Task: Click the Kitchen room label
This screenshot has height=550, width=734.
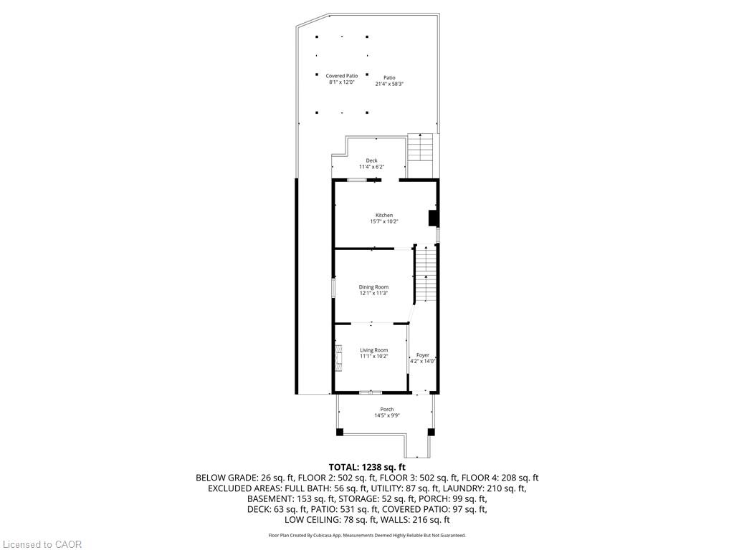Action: [x=384, y=215]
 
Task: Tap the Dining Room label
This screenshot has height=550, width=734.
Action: [x=373, y=287]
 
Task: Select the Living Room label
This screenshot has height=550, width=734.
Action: [x=374, y=350]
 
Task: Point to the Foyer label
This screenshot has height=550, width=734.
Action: [x=423, y=355]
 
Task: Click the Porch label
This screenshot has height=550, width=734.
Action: [x=386, y=409]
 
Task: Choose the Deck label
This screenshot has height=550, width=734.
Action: [x=372, y=160]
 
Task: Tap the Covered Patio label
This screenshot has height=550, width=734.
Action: [x=342, y=76]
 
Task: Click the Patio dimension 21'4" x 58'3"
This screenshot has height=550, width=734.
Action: [x=389, y=85]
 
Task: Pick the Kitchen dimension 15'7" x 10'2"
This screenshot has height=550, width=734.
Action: [x=384, y=222]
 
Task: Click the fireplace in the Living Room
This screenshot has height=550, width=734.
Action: [x=338, y=358]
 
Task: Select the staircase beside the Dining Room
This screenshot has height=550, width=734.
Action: [x=425, y=274]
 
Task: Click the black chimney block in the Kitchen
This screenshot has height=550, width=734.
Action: [x=433, y=218]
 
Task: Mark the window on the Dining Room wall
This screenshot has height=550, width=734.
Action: [x=333, y=288]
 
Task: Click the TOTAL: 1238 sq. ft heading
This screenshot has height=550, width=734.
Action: [x=367, y=467]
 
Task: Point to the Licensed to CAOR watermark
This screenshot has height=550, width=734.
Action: [x=42, y=544]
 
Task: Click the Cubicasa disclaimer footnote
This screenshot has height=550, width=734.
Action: [x=367, y=535]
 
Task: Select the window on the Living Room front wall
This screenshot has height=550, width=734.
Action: [x=371, y=392]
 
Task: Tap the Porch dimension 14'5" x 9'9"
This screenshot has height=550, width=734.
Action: [x=386, y=415]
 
